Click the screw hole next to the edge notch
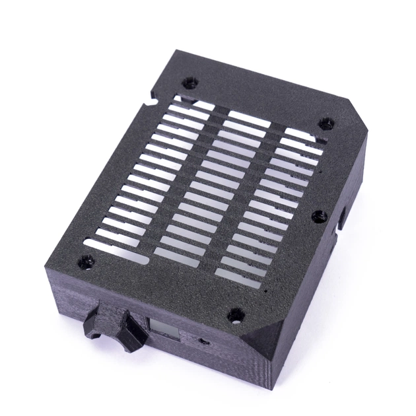(190, 83)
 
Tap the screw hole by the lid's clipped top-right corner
(326, 123)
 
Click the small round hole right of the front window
(202, 343)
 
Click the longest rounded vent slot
(112, 244)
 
